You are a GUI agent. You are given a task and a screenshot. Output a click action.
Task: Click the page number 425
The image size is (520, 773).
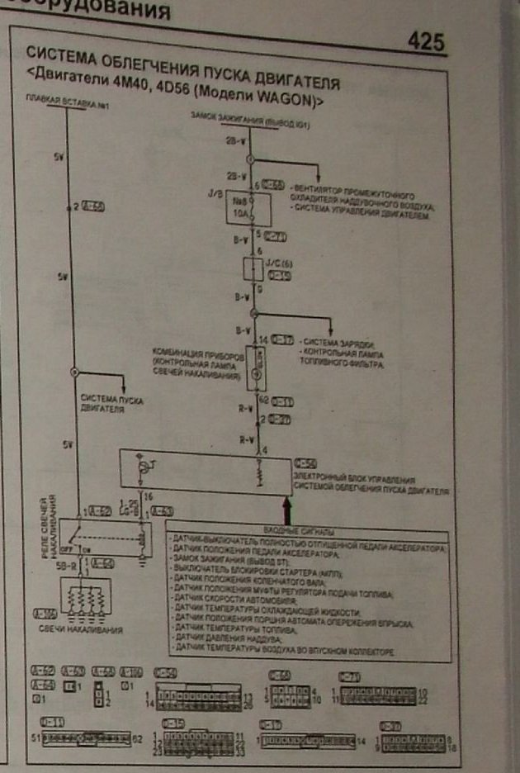425,42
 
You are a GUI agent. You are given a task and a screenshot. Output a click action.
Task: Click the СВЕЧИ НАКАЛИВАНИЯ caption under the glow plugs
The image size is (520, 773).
82,630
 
